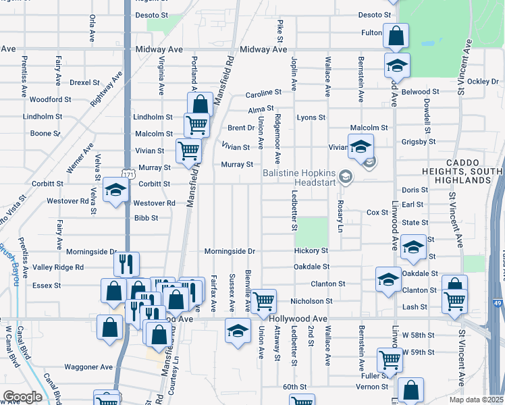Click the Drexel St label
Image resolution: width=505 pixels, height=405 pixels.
point(84,83)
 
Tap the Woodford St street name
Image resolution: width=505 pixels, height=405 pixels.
point(50,100)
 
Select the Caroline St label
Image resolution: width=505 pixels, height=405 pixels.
point(263,93)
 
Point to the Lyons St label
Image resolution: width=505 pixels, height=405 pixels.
point(311,117)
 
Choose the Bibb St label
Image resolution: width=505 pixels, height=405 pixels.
point(146,218)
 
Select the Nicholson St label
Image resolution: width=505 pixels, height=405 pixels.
point(311,301)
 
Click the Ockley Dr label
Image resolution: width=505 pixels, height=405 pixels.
point(482,82)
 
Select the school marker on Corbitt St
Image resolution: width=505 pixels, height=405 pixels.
point(115,189)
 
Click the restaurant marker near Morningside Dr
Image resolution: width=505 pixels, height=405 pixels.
point(126,263)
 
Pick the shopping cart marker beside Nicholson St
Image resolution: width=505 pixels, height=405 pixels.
point(263,300)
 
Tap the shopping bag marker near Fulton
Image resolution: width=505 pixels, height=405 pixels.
point(396,34)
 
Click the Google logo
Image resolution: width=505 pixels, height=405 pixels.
point(22,397)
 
